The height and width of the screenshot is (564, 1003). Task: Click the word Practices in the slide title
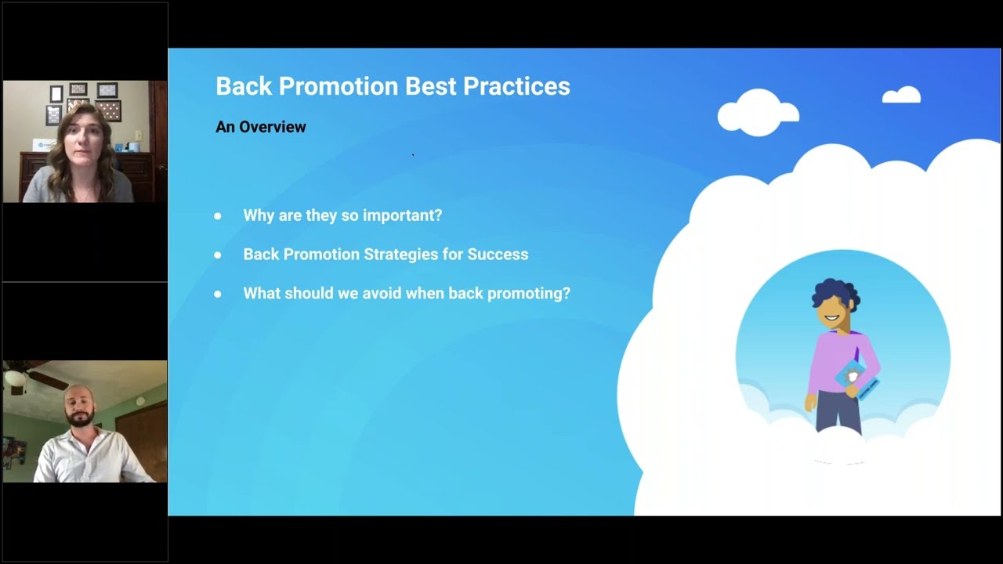[x=516, y=86]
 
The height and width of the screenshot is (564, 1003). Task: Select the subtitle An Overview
[x=260, y=127]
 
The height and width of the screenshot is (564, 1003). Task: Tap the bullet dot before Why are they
[x=218, y=215]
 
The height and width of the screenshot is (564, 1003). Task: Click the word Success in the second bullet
[x=498, y=255]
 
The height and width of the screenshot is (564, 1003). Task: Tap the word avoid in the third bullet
[x=383, y=294]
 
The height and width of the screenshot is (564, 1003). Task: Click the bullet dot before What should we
[x=218, y=294]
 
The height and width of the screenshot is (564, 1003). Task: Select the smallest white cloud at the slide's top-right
[x=901, y=96]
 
